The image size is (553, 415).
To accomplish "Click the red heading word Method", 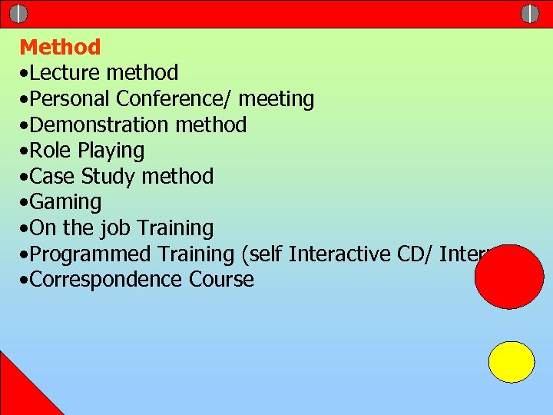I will point(60,47).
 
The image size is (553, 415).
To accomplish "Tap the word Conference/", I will point(174,99).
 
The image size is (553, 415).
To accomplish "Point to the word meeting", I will point(276,100).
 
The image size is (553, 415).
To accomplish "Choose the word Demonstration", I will point(101,124).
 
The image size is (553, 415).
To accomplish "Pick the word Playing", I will point(111,151).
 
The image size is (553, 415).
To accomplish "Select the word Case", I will point(54,177).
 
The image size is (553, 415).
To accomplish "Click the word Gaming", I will point(67,203).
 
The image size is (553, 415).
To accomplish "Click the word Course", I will point(220,279).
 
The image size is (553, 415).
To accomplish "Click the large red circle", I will point(509,277).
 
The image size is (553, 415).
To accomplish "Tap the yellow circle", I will point(512,362).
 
